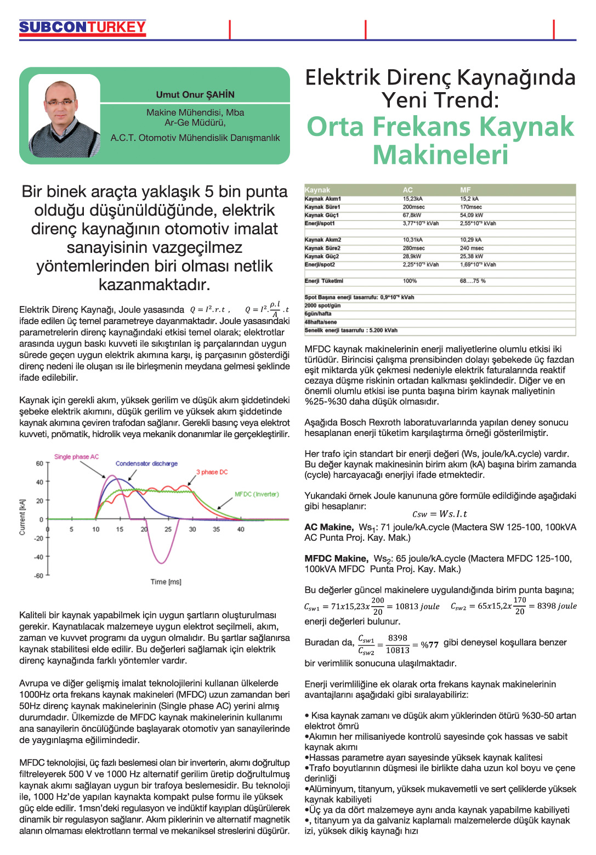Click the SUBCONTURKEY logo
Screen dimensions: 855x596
(82, 27)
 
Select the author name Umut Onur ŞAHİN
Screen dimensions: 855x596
(195, 94)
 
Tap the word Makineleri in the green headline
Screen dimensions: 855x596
(440, 155)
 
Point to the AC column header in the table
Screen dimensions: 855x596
(407, 190)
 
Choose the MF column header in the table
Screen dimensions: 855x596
(465, 190)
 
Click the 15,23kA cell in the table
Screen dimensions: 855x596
(412, 199)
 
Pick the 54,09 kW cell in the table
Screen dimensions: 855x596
(472, 215)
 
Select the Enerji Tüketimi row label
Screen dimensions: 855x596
(323, 281)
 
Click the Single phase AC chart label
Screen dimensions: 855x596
(76, 457)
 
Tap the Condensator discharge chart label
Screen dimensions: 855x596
(146, 463)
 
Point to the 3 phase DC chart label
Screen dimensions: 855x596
(212, 472)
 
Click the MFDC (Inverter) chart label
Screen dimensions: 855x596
(257, 494)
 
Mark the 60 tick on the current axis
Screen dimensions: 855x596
(39, 463)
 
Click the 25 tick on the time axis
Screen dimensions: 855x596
(168, 529)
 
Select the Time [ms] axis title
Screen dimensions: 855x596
(166, 581)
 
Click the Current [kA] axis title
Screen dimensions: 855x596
(22, 517)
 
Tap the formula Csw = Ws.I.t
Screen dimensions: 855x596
(440, 514)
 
